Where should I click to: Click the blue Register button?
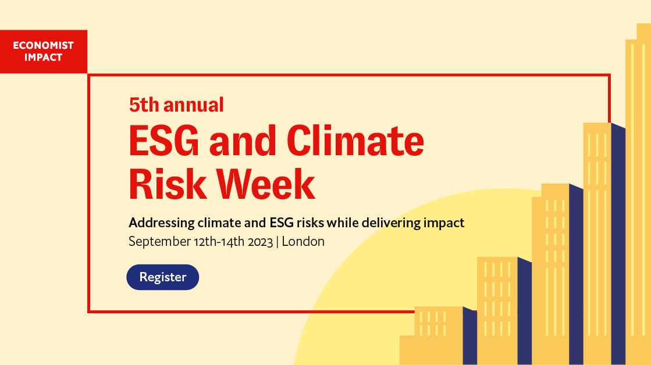pyautogui.click(x=163, y=277)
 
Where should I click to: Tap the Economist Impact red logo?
pyautogui.click(x=44, y=51)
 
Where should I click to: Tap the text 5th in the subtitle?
pyautogui.click(x=144, y=105)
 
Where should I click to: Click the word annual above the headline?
pyautogui.click(x=194, y=105)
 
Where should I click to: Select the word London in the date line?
pyautogui.click(x=303, y=241)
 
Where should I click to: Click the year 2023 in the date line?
pyautogui.click(x=260, y=242)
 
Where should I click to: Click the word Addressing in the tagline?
pyautogui.click(x=162, y=223)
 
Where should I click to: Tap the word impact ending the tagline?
pyautogui.click(x=444, y=223)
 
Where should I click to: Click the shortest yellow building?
pyautogui.click(x=438, y=336)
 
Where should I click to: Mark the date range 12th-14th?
pyautogui.click(x=219, y=242)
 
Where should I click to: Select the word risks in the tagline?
pyautogui.click(x=310, y=223)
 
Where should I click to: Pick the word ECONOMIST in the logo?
pyautogui.click(x=43, y=45)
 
